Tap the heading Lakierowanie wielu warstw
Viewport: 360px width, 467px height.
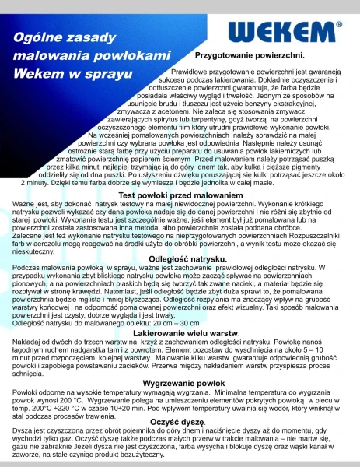tap(180, 333)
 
